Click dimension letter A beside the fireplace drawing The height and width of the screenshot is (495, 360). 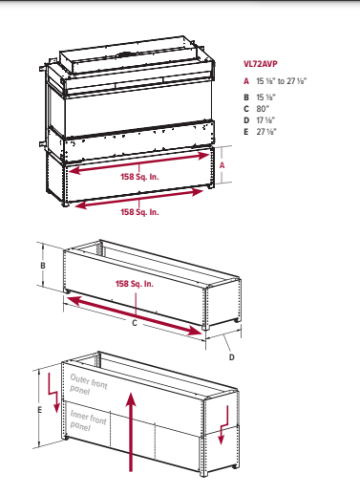pyautogui.click(x=222, y=163)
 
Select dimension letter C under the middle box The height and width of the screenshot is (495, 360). pyautogui.click(x=134, y=323)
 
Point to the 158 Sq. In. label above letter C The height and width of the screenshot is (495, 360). pyautogui.click(x=135, y=284)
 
